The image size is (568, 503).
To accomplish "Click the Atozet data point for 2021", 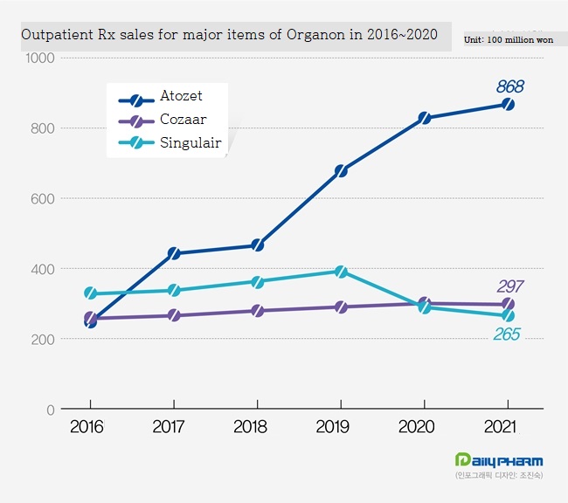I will click(508, 104).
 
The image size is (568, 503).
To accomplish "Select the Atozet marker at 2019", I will click(341, 170).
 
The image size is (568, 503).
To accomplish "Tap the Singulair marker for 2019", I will click(341, 272).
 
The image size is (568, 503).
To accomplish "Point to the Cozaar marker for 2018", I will click(257, 310).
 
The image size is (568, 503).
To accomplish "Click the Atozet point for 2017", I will click(174, 253).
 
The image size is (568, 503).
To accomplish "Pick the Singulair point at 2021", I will click(508, 316).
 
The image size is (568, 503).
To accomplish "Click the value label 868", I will click(509, 86).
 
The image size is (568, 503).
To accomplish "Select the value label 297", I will click(509, 286).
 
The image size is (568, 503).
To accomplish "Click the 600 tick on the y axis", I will click(43, 198).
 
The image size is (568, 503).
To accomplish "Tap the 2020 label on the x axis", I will click(424, 428).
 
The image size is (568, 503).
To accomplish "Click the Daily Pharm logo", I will click(499, 460).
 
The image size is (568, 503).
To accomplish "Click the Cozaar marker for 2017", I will click(174, 314).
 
